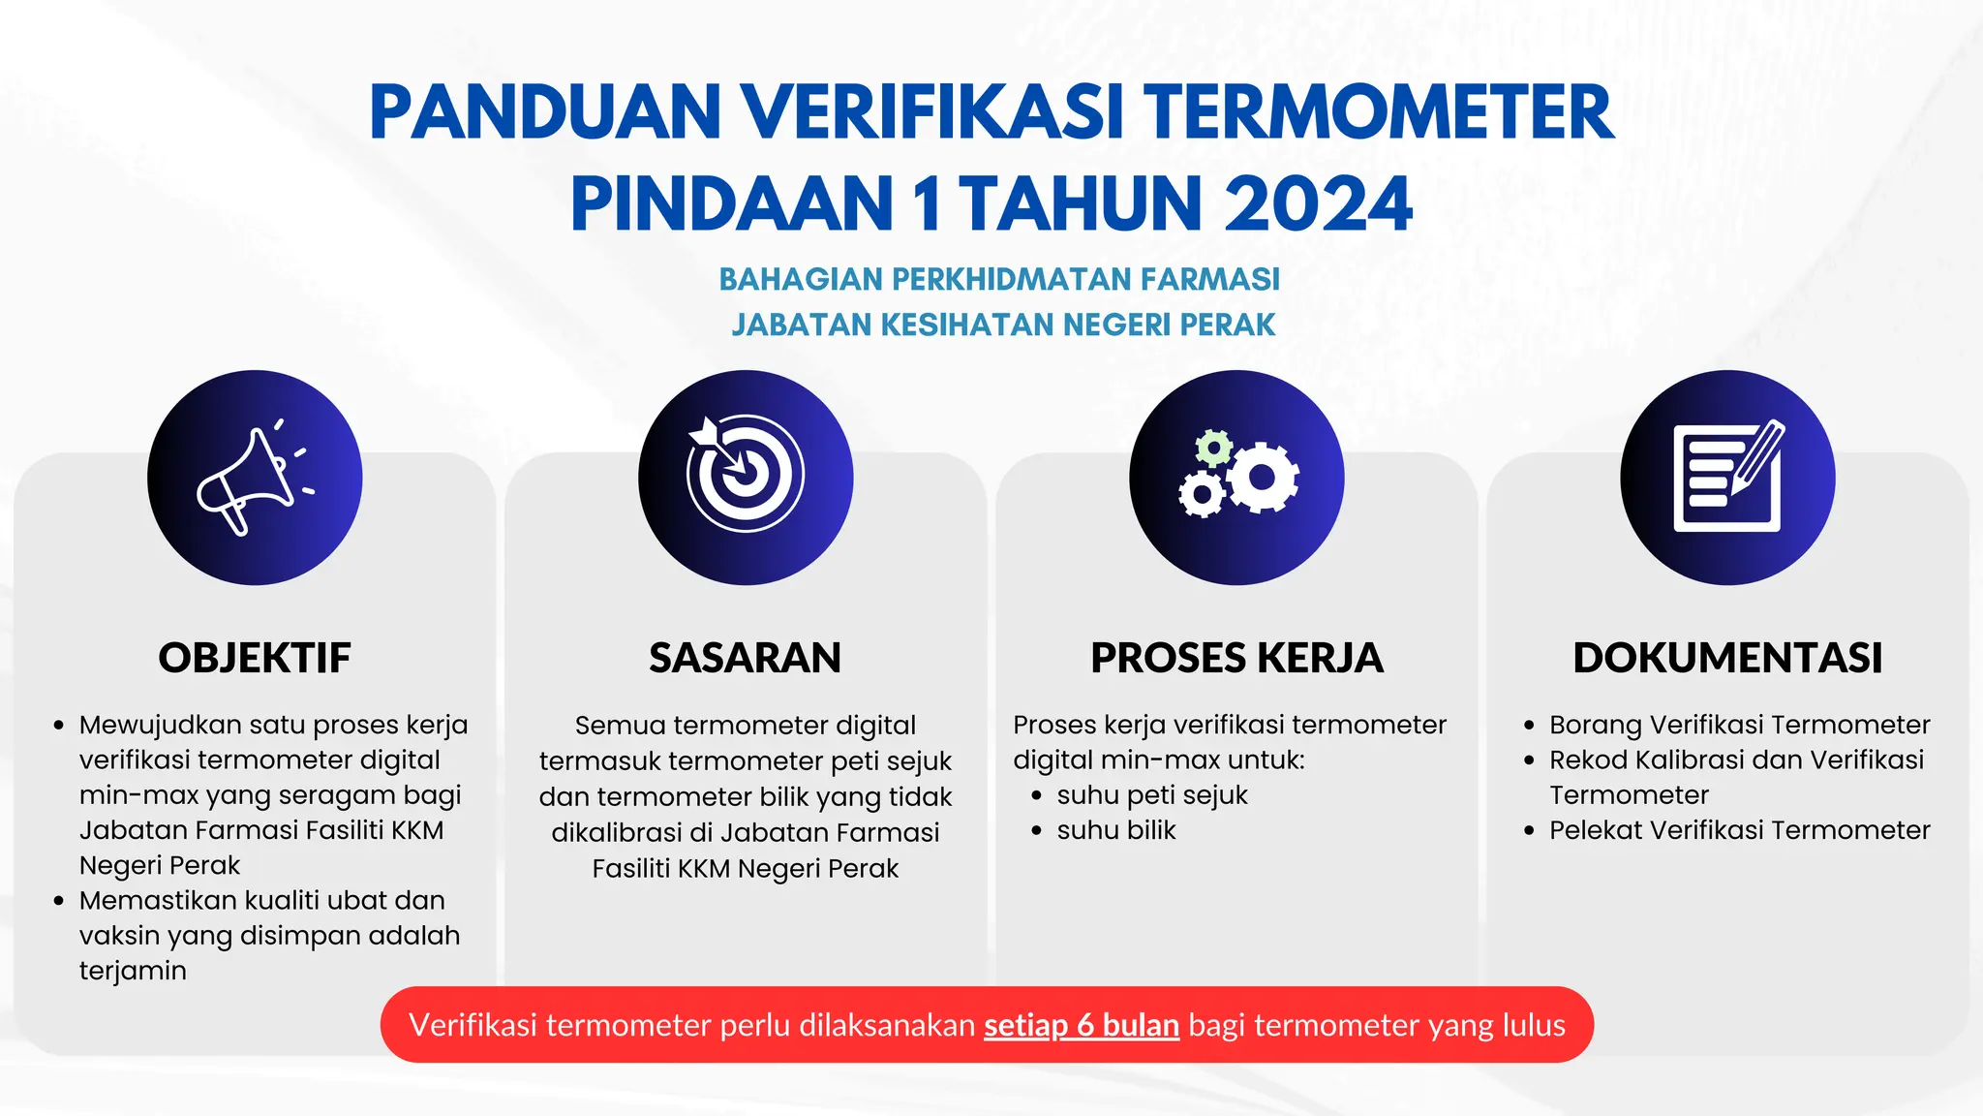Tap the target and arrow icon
(x=745, y=474)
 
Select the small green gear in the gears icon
(x=1213, y=449)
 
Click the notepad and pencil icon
(x=1728, y=477)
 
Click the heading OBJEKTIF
(x=255, y=658)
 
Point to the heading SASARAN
(x=745, y=658)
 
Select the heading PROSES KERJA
(x=1236, y=658)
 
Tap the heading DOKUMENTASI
(x=1727, y=658)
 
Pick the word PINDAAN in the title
(x=732, y=204)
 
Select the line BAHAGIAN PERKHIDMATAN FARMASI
(x=999, y=279)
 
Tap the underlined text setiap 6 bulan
(x=1082, y=1025)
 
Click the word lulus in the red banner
(x=1533, y=1025)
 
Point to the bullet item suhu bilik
(x=1115, y=830)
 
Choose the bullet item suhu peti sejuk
(x=1151, y=795)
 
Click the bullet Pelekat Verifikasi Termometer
(x=1739, y=830)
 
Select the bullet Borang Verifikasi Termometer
(x=1739, y=725)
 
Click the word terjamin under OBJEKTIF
(x=133, y=971)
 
